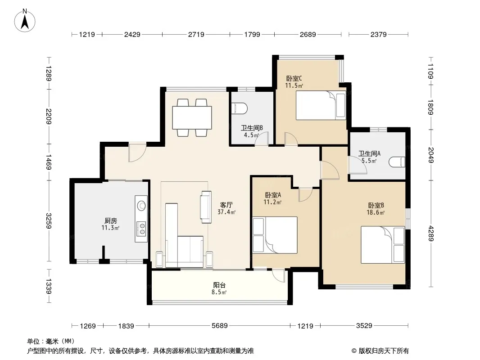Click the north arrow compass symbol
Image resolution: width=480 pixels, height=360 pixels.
[x=25, y=20]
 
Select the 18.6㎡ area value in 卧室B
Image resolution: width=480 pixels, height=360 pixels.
[x=376, y=212]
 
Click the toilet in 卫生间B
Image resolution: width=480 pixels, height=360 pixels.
[x=240, y=108]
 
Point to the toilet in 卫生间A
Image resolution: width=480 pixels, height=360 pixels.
[x=397, y=162]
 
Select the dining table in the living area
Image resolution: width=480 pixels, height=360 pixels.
[x=192, y=118]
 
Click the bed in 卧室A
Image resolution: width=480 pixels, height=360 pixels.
[x=275, y=235]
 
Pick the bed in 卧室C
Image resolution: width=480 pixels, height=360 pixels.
[x=321, y=105]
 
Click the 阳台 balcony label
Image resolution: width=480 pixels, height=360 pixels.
[x=219, y=285]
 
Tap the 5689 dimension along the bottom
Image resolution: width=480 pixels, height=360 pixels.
[x=219, y=326]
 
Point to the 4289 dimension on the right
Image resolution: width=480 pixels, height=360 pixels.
[x=431, y=234]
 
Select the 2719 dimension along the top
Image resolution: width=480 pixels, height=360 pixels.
[x=196, y=34]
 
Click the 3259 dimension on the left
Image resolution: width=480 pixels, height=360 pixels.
[x=49, y=221]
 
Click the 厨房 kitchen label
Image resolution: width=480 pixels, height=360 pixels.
[x=110, y=220]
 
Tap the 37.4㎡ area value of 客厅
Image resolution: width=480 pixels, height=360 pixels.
[x=226, y=211]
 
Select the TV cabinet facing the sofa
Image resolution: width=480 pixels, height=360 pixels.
[x=206, y=207]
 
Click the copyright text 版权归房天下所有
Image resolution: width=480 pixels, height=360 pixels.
[x=384, y=351]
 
